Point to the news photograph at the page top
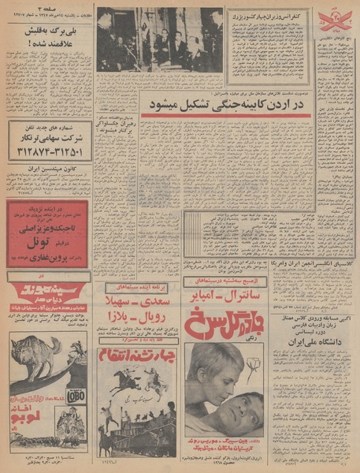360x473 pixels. point(161,39)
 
